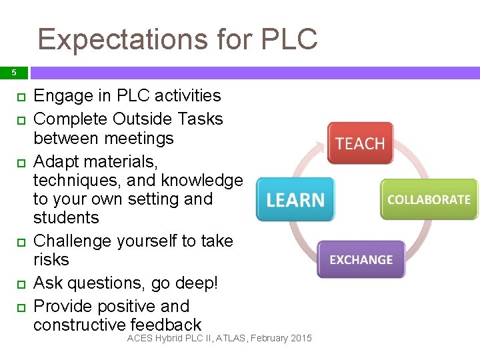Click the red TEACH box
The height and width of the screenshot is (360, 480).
pos(360,144)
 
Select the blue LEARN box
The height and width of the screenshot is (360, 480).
pos(295,199)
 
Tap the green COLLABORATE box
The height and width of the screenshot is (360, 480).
pos(429,199)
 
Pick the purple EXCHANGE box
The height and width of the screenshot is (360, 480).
pos(361,259)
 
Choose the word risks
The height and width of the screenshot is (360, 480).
pos(51,259)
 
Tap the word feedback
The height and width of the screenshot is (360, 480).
pos(166,325)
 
